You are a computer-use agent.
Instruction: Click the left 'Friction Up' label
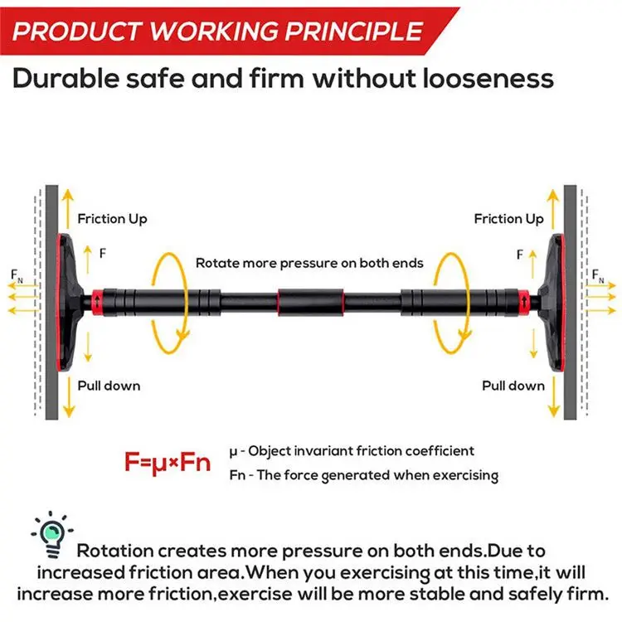(x=112, y=219)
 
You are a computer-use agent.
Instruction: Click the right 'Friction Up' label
(x=508, y=219)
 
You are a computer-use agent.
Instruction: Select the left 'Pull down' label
(x=109, y=385)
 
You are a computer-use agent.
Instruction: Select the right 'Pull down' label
(x=513, y=385)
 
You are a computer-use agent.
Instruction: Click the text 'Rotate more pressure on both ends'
(x=309, y=263)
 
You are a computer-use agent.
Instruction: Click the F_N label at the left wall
(x=17, y=274)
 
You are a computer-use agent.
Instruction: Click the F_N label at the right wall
(x=599, y=274)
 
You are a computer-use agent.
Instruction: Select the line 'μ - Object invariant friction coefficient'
(x=351, y=451)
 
